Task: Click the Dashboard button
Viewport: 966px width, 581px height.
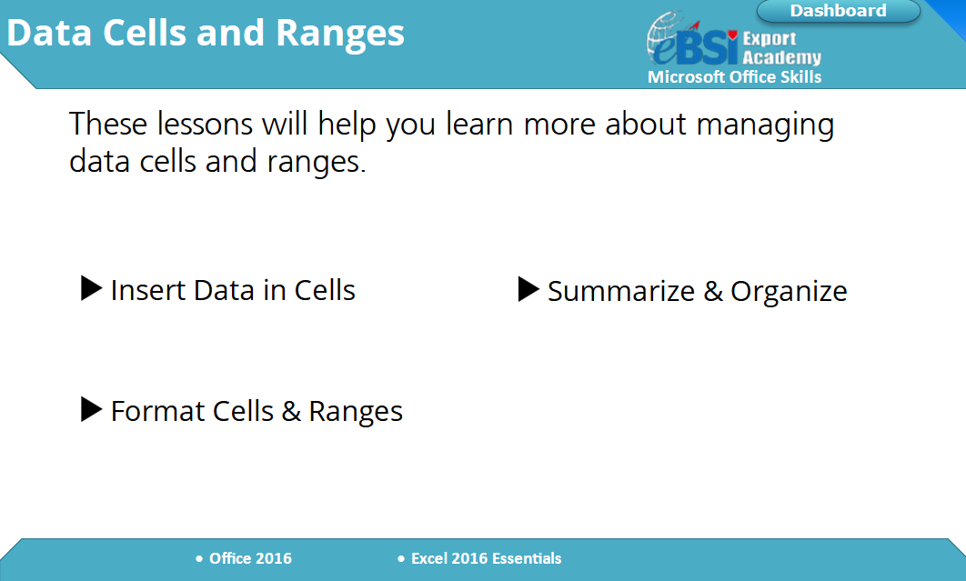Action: pyautogui.click(x=839, y=11)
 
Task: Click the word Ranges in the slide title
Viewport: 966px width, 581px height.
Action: pyautogui.click(x=340, y=34)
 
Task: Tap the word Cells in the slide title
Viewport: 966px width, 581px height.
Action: pyautogui.click(x=144, y=33)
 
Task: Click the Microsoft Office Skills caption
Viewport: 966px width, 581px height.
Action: pyautogui.click(x=734, y=77)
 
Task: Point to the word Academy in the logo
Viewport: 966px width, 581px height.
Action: pyautogui.click(x=781, y=57)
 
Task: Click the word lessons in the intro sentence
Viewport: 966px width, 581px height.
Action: pyautogui.click(x=205, y=124)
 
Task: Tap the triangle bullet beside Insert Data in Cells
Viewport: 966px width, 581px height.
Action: pyautogui.click(x=91, y=288)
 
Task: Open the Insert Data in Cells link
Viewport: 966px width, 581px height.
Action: pyautogui.click(x=233, y=289)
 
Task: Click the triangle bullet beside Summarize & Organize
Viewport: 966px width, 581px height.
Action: pyautogui.click(x=528, y=289)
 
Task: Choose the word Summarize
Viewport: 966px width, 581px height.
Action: pyautogui.click(x=621, y=291)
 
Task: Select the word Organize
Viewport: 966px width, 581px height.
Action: pyautogui.click(x=789, y=292)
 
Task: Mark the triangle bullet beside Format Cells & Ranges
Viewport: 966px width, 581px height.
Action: pyautogui.click(x=91, y=409)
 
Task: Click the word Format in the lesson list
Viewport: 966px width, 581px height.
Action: pyautogui.click(x=157, y=411)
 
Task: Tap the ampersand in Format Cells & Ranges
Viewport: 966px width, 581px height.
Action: pyautogui.click(x=291, y=411)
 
